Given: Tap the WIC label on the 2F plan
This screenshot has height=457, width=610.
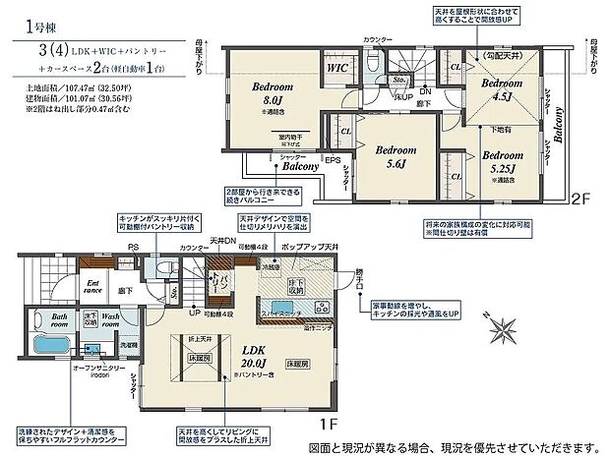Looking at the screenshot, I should coord(336,69).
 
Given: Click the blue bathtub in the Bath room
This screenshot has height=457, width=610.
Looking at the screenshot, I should coord(44,346).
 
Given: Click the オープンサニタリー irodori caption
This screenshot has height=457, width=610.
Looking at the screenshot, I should coord(98,371).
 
